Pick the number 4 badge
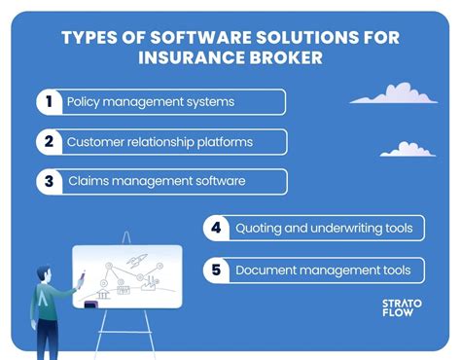(x=215, y=229)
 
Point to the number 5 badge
(x=215, y=270)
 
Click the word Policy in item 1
(x=85, y=102)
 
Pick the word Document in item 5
(x=266, y=270)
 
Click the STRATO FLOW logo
(x=396, y=308)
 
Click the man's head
(x=44, y=274)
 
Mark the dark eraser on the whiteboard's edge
(x=91, y=306)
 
